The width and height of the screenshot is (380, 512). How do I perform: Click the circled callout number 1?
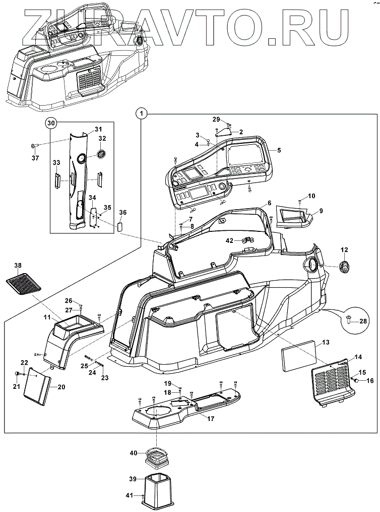(142, 114)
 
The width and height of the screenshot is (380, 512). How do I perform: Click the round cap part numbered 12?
(345, 268)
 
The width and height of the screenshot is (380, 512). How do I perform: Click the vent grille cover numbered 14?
(329, 381)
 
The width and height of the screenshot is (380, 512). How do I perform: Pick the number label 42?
(229, 240)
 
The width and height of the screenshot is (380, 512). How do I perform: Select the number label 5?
(279, 149)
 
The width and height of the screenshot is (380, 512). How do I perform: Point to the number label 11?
(47, 317)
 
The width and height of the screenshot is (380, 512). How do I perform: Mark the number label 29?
(216, 119)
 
